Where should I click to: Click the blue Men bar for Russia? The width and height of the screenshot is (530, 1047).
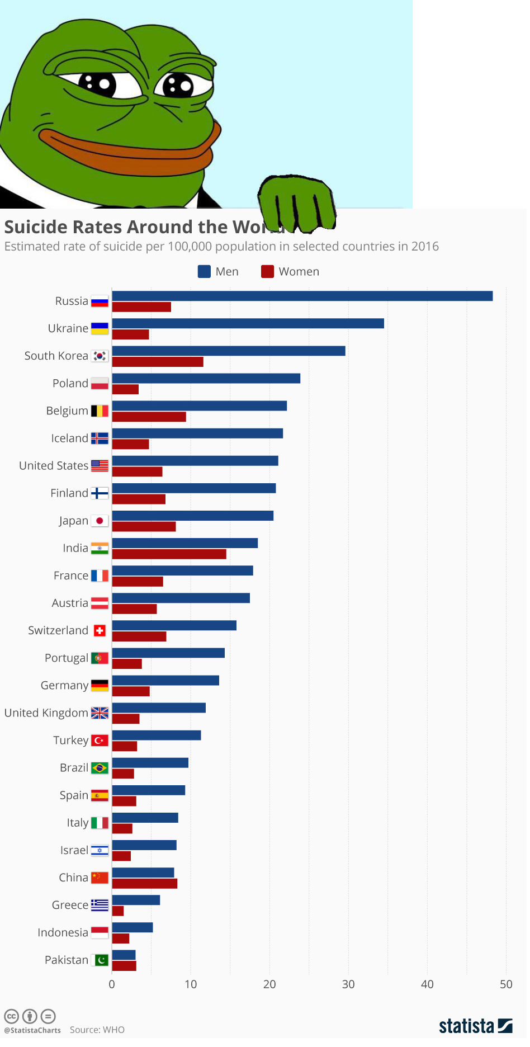coord(302,296)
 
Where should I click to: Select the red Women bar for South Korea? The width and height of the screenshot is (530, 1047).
coord(158,362)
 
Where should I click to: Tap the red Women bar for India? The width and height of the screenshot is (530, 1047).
coord(169,554)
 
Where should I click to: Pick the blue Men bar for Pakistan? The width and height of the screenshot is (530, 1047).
coord(124,955)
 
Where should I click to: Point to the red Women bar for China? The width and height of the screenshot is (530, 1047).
coord(145,884)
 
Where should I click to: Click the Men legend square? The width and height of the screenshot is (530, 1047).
coord(204,272)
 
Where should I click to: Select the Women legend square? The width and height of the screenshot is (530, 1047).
coord(267,272)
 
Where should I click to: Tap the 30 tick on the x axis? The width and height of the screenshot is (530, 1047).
coord(348,984)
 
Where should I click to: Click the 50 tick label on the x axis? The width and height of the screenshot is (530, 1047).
coord(506,984)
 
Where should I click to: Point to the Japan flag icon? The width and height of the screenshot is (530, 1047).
coord(100,521)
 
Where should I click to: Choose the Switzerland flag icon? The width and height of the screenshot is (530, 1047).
coord(100,631)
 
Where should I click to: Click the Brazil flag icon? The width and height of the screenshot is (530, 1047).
coord(100,768)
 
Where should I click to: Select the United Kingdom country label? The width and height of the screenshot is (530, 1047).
coord(46,713)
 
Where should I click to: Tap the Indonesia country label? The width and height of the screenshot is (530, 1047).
coord(63,933)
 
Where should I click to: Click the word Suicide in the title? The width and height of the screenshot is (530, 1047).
coord(36,227)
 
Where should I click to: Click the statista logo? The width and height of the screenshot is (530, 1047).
coord(475,1026)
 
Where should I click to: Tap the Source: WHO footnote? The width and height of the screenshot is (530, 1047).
coord(97,1030)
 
